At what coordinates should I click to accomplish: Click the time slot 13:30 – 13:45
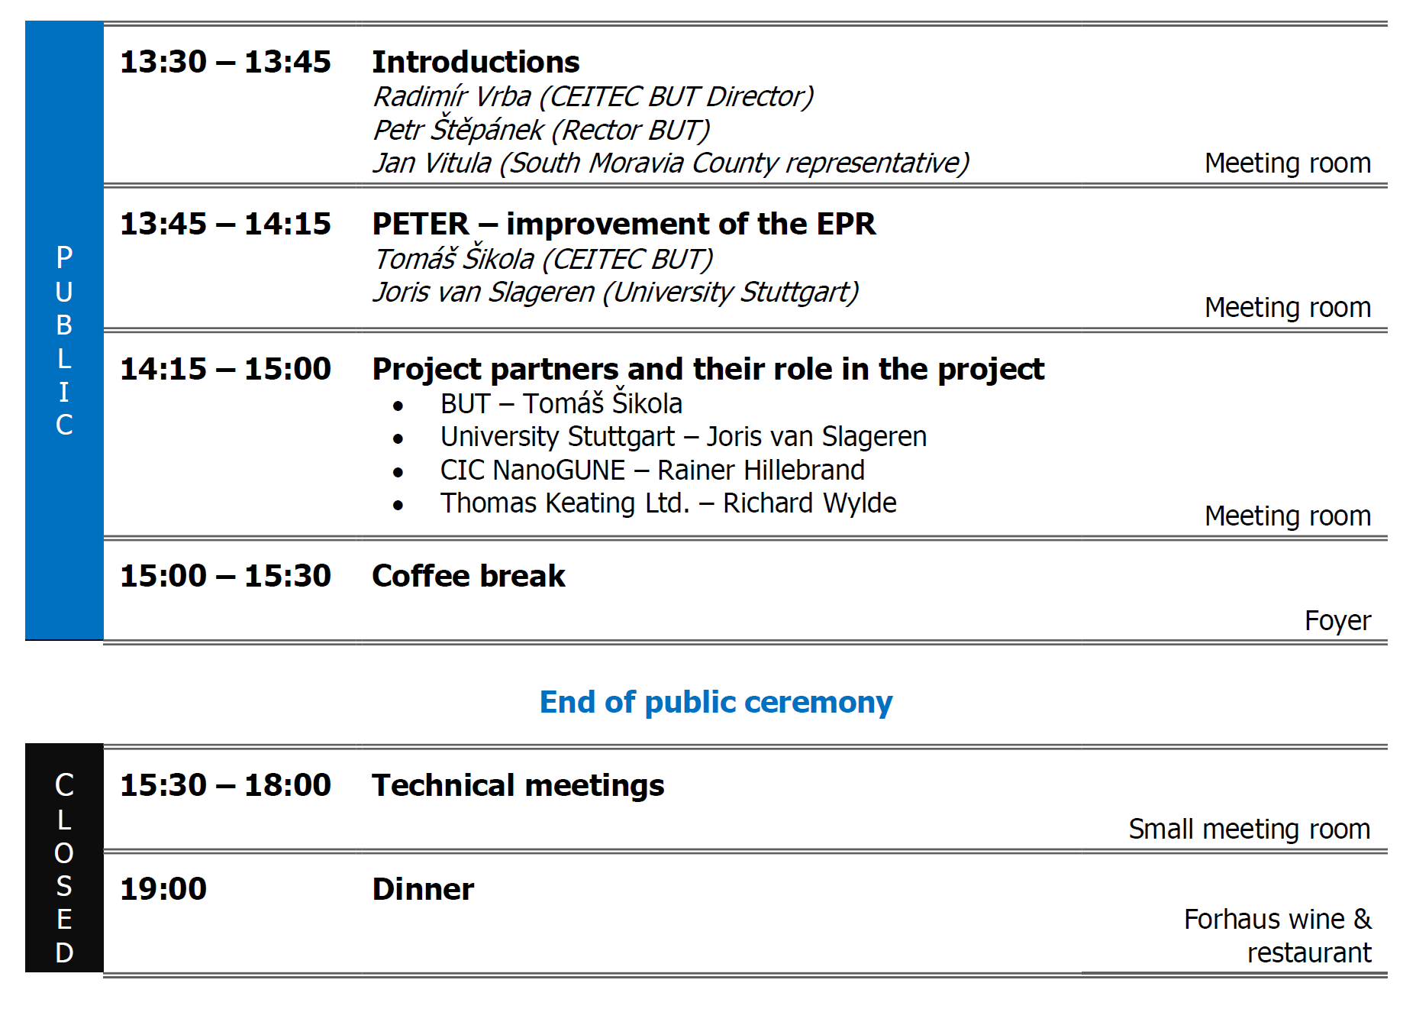(225, 62)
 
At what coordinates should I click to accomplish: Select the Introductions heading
(476, 62)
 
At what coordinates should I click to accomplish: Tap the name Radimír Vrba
(453, 96)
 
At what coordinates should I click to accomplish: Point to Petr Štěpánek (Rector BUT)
(541, 129)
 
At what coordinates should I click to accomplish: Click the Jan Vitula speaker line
(671, 163)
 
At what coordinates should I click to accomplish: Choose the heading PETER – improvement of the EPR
(624, 224)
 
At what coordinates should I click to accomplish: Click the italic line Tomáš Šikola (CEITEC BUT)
(543, 259)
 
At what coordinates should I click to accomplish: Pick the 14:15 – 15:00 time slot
(225, 369)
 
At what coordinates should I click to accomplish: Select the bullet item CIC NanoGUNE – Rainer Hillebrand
(653, 470)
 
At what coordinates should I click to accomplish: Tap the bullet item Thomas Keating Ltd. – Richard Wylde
(668, 503)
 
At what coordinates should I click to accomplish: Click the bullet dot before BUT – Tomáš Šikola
(398, 406)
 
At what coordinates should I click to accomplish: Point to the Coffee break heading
(469, 576)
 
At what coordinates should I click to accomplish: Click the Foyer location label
(1337, 620)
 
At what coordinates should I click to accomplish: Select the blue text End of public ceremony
(716, 702)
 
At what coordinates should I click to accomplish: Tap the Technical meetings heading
(518, 785)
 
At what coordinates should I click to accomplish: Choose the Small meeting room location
(1250, 829)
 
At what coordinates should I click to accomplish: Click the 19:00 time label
(163, 889)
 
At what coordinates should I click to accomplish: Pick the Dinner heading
(423, 889)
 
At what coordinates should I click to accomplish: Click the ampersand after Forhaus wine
(1363, 919)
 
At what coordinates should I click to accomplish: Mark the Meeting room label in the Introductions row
(1288, 163)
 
